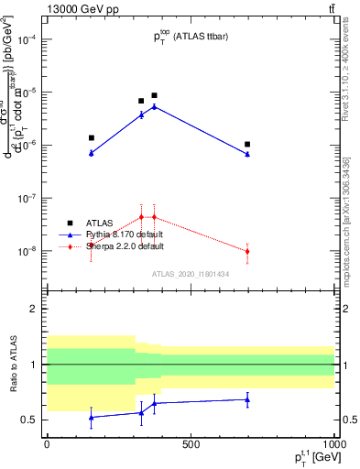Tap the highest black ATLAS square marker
pyautogui.click(x=154, y=95)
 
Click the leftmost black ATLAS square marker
pyautogui.click(x=91, y=138)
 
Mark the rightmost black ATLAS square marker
pyautogui.click(x=247, y=144)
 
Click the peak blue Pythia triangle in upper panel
pyautogui.click(x=154, y=106)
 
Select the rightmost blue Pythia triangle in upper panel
pyautogui.click(x=247, y=154)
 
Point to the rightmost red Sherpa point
pyautogui.click(x=247, y=251)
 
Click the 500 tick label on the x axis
pyautogui.click(x=191, y=444)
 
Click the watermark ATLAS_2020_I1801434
pyautogui.click(x=191, y=274)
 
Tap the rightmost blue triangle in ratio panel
pyautogui.click(x=247, y=399)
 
